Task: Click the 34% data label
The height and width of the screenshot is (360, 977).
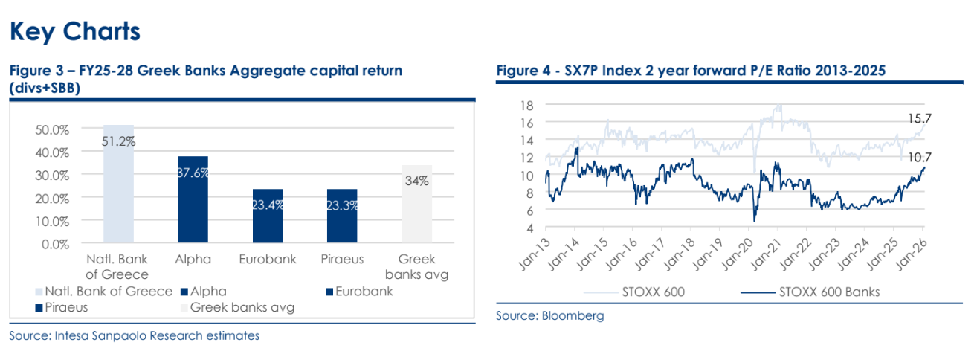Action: [416, 181]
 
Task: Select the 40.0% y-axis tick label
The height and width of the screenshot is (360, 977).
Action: [52, 152]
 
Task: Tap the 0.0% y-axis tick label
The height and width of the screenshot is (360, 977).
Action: [54, 243]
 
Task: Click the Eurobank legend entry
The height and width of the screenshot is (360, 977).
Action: [360, 292]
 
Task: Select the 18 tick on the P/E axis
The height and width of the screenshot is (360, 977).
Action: [527, 105]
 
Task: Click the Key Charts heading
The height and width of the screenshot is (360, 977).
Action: [74, 31]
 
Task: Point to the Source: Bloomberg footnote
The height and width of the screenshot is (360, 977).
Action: [550, 316]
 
